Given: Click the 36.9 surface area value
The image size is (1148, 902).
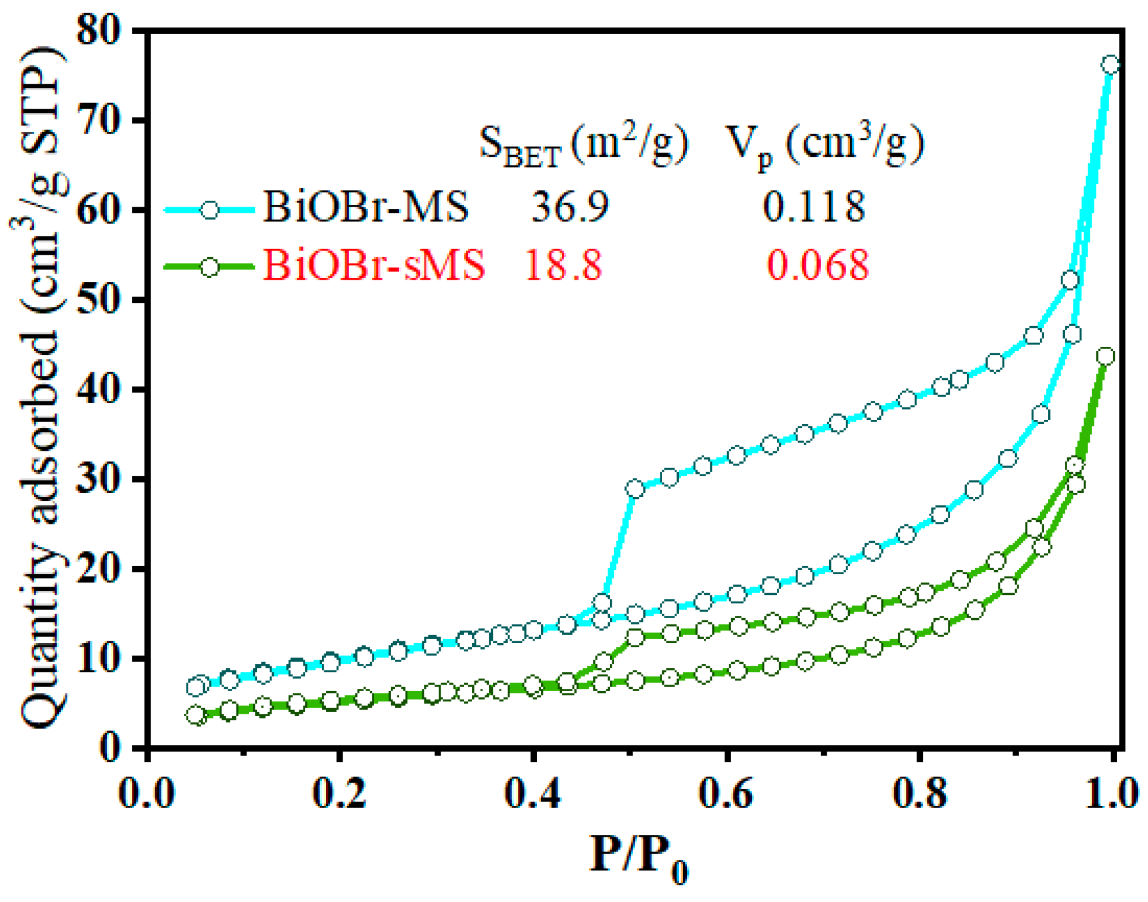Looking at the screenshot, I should tap(570, 207).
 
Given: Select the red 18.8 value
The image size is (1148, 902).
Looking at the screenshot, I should tap(562, 265).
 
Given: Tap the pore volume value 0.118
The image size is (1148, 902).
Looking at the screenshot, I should tap(813, 207).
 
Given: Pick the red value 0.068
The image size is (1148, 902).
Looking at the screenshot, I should tap(817, 265).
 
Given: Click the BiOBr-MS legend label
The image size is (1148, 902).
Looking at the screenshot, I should tap(365, 207).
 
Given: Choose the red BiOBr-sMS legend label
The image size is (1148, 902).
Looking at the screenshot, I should tap(374, 265).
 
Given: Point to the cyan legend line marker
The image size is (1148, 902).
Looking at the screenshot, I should tap(209, 210).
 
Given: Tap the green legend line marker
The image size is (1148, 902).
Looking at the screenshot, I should tap(209, 267).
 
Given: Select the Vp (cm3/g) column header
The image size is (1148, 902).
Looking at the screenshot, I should tap(824, 144).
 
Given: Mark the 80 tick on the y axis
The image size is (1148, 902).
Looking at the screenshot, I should tap(99, 31).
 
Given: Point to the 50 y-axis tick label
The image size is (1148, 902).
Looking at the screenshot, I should tap(99, 300).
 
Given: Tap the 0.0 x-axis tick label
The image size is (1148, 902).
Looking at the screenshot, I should tap(147, 793).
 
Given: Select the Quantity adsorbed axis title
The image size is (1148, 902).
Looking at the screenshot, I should tap(39, 386).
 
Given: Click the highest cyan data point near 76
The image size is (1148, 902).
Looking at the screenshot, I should tap(1109, 65).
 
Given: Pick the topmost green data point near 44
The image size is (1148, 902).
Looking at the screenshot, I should tap(1105, 356).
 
